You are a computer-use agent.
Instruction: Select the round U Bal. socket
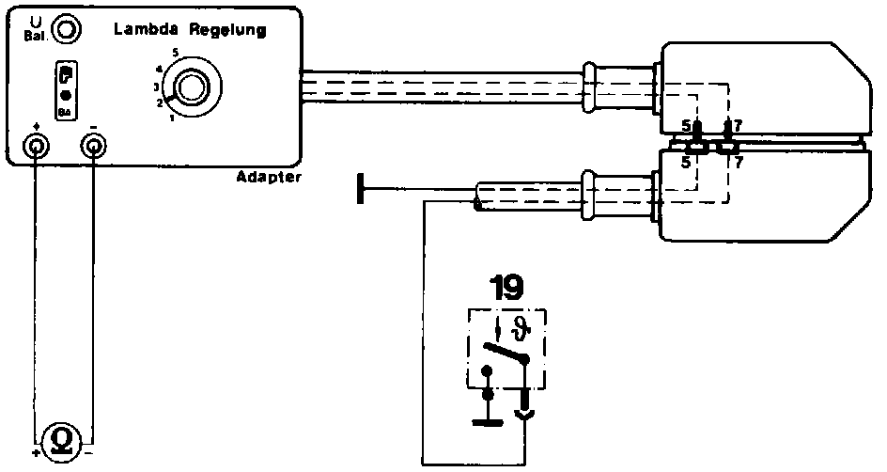(x=65, y=29)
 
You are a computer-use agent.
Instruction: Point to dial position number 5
(x=174, y=53)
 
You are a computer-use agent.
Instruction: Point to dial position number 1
(x=172, y=118)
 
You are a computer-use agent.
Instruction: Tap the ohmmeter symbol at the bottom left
(x=64, y=438)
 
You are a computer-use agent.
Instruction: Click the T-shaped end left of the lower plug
(x=361, y=186)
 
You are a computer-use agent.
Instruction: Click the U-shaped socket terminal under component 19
(x=524, y=410)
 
